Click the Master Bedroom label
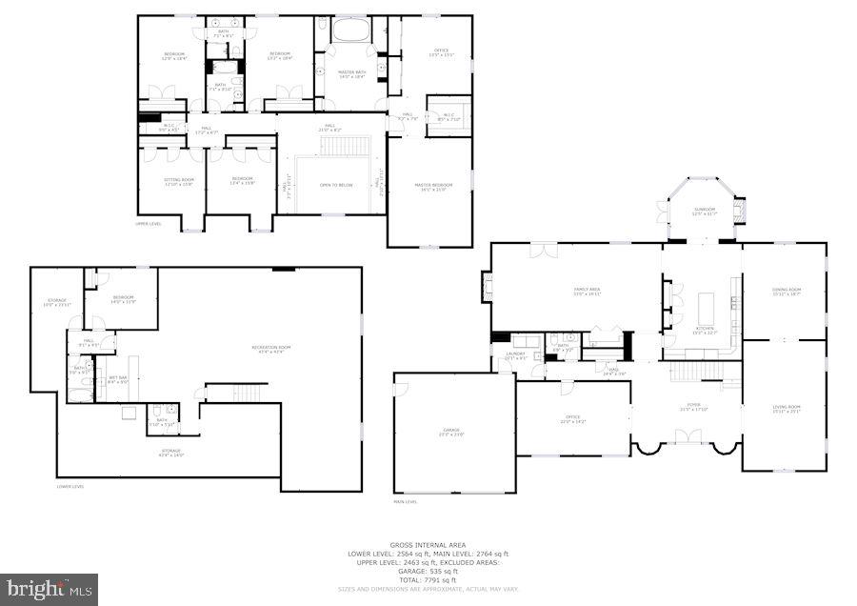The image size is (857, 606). pyautogui.click(x=430, y=187)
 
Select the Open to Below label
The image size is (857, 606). pyautogui.click(x=336, y=185)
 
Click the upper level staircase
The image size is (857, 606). pyautogui.click(x=336, y=145)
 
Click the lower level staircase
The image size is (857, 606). pyautogui.click(x=247, y=393)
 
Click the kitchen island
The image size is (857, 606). pyautogui.click(x=706, y=309)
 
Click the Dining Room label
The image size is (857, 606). pyautogui.click(x=786, y=291)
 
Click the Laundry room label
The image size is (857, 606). pyautogui.click(x=515, y=355)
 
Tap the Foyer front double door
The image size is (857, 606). pyautogui.click(x=688, y=437)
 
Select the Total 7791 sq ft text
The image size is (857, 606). pyautogui.click(x=428, y=580)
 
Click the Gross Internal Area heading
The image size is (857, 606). pyautogui.click(x=428, y=545)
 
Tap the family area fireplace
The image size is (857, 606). pyautogui.click(x=488, y=286)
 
